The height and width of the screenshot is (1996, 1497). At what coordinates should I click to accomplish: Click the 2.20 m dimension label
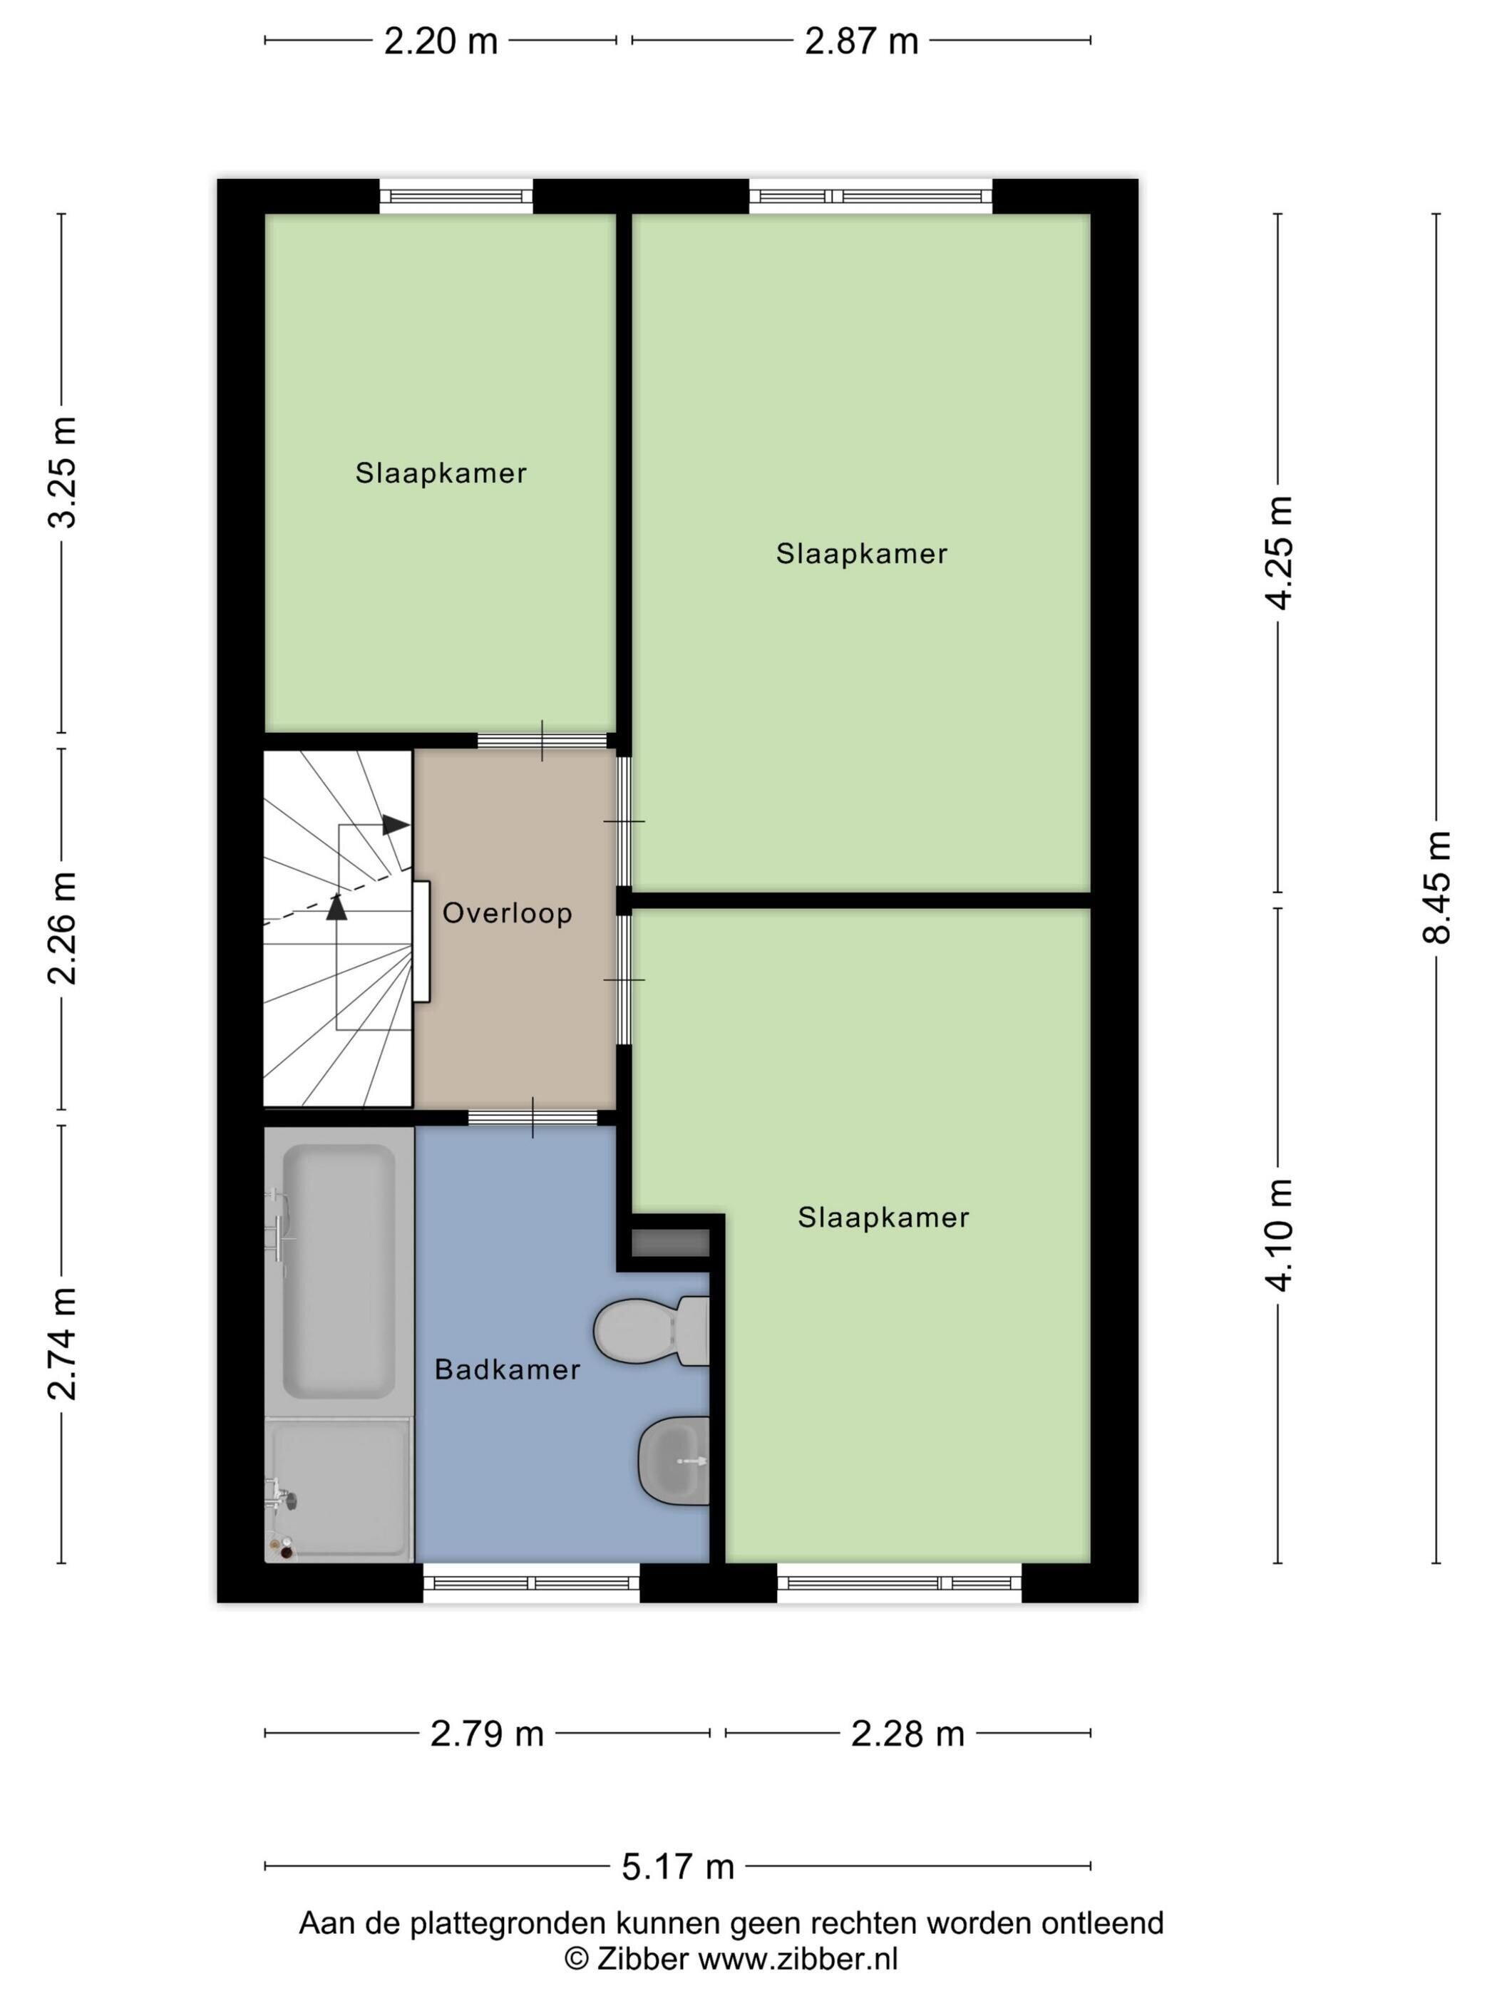pos(441,41)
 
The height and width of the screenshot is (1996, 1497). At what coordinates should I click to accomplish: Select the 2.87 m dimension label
pos(861,41)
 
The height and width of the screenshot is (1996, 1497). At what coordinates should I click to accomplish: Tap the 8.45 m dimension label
pos(1436,887)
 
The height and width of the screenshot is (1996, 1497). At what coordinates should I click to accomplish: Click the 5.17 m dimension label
pos(678,1866)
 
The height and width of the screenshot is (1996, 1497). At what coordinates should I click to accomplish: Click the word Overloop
pos(507,913)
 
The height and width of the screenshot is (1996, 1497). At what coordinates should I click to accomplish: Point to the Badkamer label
pos(507,1370)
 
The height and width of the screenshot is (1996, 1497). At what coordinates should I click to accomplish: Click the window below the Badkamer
pos(532,1582)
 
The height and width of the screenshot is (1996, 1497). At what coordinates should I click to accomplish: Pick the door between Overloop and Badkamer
pos(533,1117)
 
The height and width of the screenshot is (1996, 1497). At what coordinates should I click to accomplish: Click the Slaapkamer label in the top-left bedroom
pos(441,473)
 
